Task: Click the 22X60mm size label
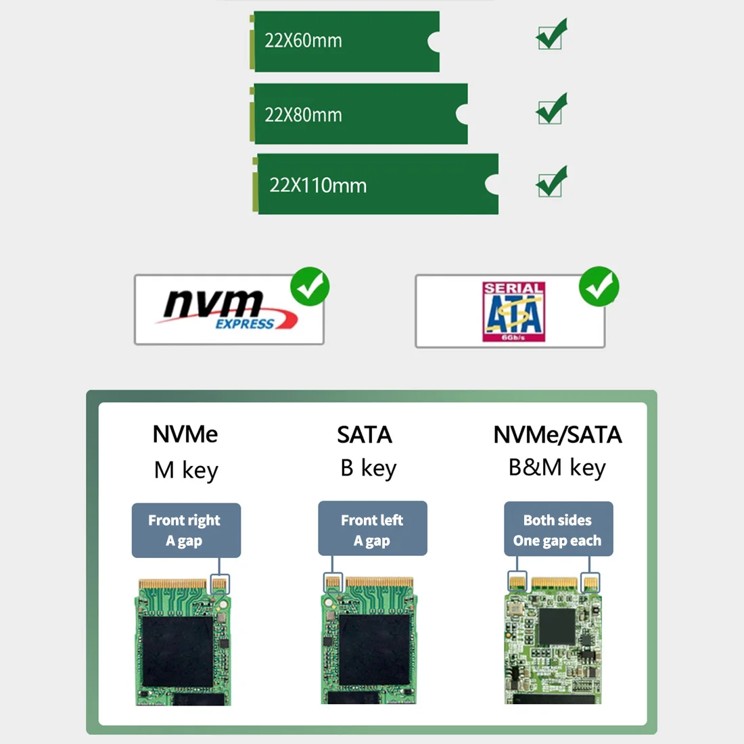coord(303,41)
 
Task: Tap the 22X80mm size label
coord(303,115)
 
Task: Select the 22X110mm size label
coord(318,185)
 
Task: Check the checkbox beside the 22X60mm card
coord(551,36)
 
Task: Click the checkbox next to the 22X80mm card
coord(551,110)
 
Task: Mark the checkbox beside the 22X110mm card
coord(551,183)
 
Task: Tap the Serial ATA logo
coord(513,311)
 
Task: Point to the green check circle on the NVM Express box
coord(310,287)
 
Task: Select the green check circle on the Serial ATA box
coord(599,286)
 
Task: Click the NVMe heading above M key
coord(185,434)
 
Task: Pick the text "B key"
coord(368,468)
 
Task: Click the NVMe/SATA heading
coord(557,435)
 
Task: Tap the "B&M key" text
coord(557,467)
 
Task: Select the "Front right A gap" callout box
coord(186,530)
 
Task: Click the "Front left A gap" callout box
coord(373,529)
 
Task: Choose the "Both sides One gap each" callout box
coord(558,529)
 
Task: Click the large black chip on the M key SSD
coord(177,651)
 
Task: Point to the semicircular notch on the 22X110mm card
coord(492,184)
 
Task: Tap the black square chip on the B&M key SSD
coord(557,626)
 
